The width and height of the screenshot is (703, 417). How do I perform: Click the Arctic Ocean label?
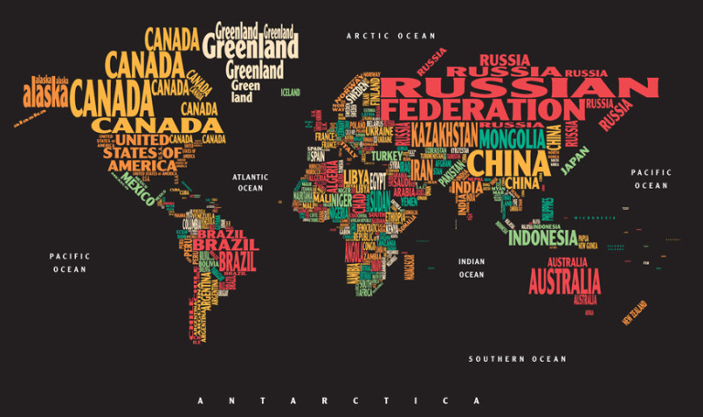(x=391, y=36)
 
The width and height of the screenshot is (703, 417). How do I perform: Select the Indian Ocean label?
(x=471, y=268)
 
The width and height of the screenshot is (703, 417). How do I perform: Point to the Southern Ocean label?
(x=517, y=359)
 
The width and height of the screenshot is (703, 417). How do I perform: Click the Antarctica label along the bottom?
(x=339, y=401)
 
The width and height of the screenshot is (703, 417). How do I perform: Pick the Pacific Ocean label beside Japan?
(x=651, y=179)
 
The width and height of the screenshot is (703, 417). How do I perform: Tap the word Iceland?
(x=290, y=93)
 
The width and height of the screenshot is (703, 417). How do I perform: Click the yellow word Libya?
(x=356, y=175)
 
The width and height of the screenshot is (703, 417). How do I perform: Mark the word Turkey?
(x=386, y=156)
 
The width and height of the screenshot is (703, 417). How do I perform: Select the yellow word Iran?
(x=421, y=170)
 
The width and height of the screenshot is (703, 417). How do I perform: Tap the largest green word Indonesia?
(x=543, y=237)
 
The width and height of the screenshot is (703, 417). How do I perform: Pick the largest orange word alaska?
(x=46, y=94)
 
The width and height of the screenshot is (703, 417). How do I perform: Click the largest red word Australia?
(x=565, y=280)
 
